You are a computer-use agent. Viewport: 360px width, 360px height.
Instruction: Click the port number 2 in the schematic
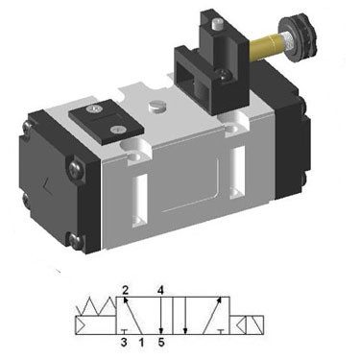(125, 290)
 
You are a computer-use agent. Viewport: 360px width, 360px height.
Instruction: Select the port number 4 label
(160, 290)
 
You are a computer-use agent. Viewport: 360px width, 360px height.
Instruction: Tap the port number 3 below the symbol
(124, 343)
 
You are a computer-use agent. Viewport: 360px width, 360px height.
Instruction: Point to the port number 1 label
(141, 343)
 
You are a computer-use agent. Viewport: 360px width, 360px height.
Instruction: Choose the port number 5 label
(161, 343)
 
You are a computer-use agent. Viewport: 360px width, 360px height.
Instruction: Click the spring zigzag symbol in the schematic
(96, 306)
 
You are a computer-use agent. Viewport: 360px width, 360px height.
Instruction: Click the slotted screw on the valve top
(156, 106)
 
